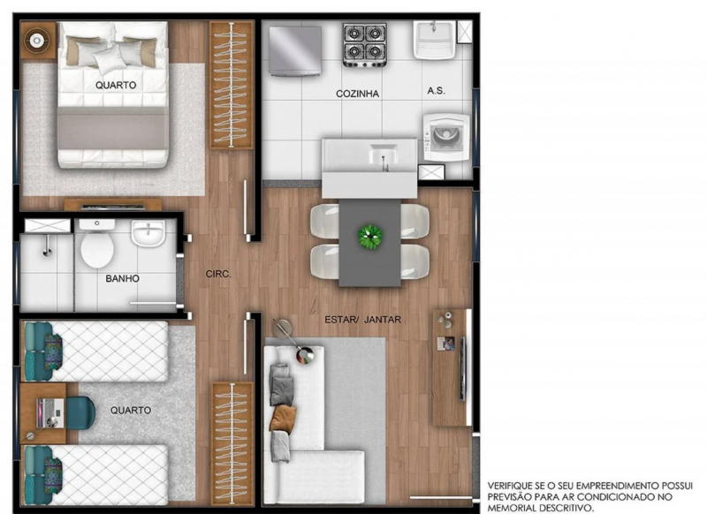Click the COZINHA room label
(355, 93)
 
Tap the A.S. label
(435, 91)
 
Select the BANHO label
(122, 278)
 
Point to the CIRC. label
(217, 275)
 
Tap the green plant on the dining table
(370, 236)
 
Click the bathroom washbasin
(148, 235)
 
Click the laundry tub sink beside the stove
(437, 40)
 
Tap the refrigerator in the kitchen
(295, 50)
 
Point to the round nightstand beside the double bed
(38, 40)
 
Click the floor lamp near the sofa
(303, 356)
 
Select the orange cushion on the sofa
(282, 418)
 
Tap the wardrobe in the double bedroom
(231, 86)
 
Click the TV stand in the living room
(448, 367)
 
